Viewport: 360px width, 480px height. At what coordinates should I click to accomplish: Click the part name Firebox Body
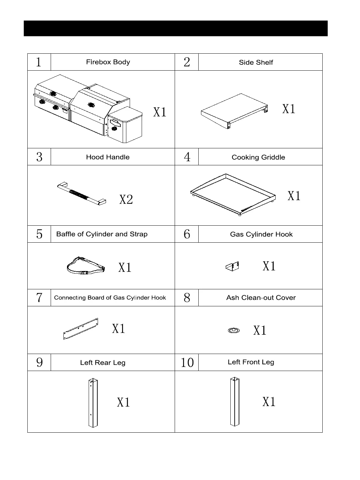tap(108, 62)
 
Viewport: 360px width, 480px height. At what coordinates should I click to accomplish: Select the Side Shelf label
tap(256, 62)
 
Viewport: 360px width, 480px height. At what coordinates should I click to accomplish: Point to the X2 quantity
tap(126, 199)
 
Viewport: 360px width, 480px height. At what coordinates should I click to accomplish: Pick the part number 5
tap(39, 234)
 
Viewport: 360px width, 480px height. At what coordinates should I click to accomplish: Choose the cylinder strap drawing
tap(86, 266)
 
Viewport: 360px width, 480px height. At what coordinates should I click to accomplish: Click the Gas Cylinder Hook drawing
tap(232, 266)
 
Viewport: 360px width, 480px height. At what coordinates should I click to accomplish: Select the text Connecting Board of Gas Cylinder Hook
tap(110, 298)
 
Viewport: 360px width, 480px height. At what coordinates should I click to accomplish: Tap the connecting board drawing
tap(81, 328)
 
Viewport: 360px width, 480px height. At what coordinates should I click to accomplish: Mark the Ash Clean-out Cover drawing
tap(234, 330)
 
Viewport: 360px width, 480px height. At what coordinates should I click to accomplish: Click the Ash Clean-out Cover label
tap(261, 298)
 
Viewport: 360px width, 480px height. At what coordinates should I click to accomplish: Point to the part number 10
tap(187, 362)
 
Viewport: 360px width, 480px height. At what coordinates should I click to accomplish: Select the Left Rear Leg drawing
tap(93, 403)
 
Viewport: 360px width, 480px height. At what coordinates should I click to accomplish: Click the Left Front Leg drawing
tap(235, 402)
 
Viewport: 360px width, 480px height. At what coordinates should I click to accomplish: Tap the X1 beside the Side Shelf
tap(289, 109)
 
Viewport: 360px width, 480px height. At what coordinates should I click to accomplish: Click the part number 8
tap(187, 298)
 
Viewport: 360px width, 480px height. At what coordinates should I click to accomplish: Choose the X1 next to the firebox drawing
tap(160, 112)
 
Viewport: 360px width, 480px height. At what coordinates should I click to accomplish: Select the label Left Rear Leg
tap(103, 363)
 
